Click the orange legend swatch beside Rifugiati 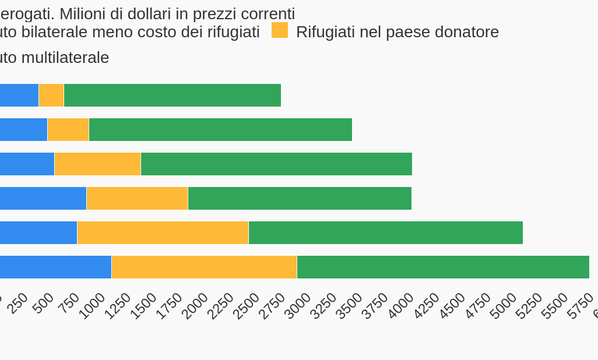coord(280,30)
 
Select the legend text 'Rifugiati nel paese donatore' coord(398,32)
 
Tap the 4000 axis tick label coord(401,305)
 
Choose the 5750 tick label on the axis coord(581,305)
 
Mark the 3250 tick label coord(324,305)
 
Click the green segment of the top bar coord(172,95)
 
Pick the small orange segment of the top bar coord(51,95)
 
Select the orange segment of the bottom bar coord(204,267)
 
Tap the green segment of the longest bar coord(443,267)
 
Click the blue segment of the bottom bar coord(55,267)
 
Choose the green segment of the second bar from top coord(220,129)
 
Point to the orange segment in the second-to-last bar coord(163,232)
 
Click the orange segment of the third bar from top coord(97,164)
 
